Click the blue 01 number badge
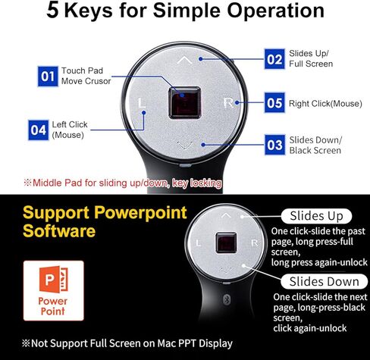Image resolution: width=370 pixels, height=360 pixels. pyautogui.click(x=48, y=76)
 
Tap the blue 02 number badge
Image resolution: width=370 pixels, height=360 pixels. pyautogui.click(x=274, y=58)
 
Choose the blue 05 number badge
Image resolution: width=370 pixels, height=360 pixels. pyautogui.click(x=274, y=101)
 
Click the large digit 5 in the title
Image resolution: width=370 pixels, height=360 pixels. pyautogui.click(x=54, y=11)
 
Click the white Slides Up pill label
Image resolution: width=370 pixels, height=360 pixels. pyautogui.click(x=316, y=215)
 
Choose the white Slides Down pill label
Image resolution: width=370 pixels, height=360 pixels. pyautogui.click(x=317, y=281)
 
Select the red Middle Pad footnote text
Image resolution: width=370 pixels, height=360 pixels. pyautogui.click(x=121, y=183)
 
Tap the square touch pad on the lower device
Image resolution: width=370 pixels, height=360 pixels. pyautogui.click(x=225, y=244)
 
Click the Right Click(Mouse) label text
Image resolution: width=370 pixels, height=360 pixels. pyautogui.click(x=327, y=102)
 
